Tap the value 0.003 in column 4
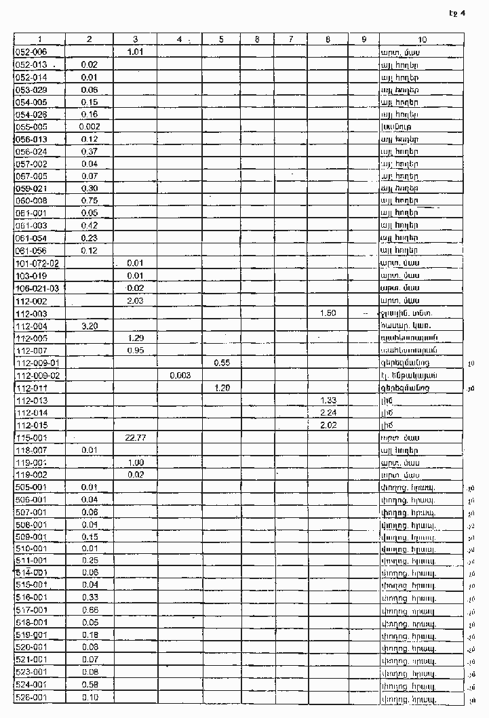180,375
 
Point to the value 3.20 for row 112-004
90,325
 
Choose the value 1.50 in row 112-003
328,313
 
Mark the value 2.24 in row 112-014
328,412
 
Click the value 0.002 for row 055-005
90,127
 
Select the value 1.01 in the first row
135,52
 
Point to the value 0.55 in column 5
222,363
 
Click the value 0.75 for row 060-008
90,201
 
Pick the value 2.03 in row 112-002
135,300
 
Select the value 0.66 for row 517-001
90,610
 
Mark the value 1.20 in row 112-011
222,388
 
